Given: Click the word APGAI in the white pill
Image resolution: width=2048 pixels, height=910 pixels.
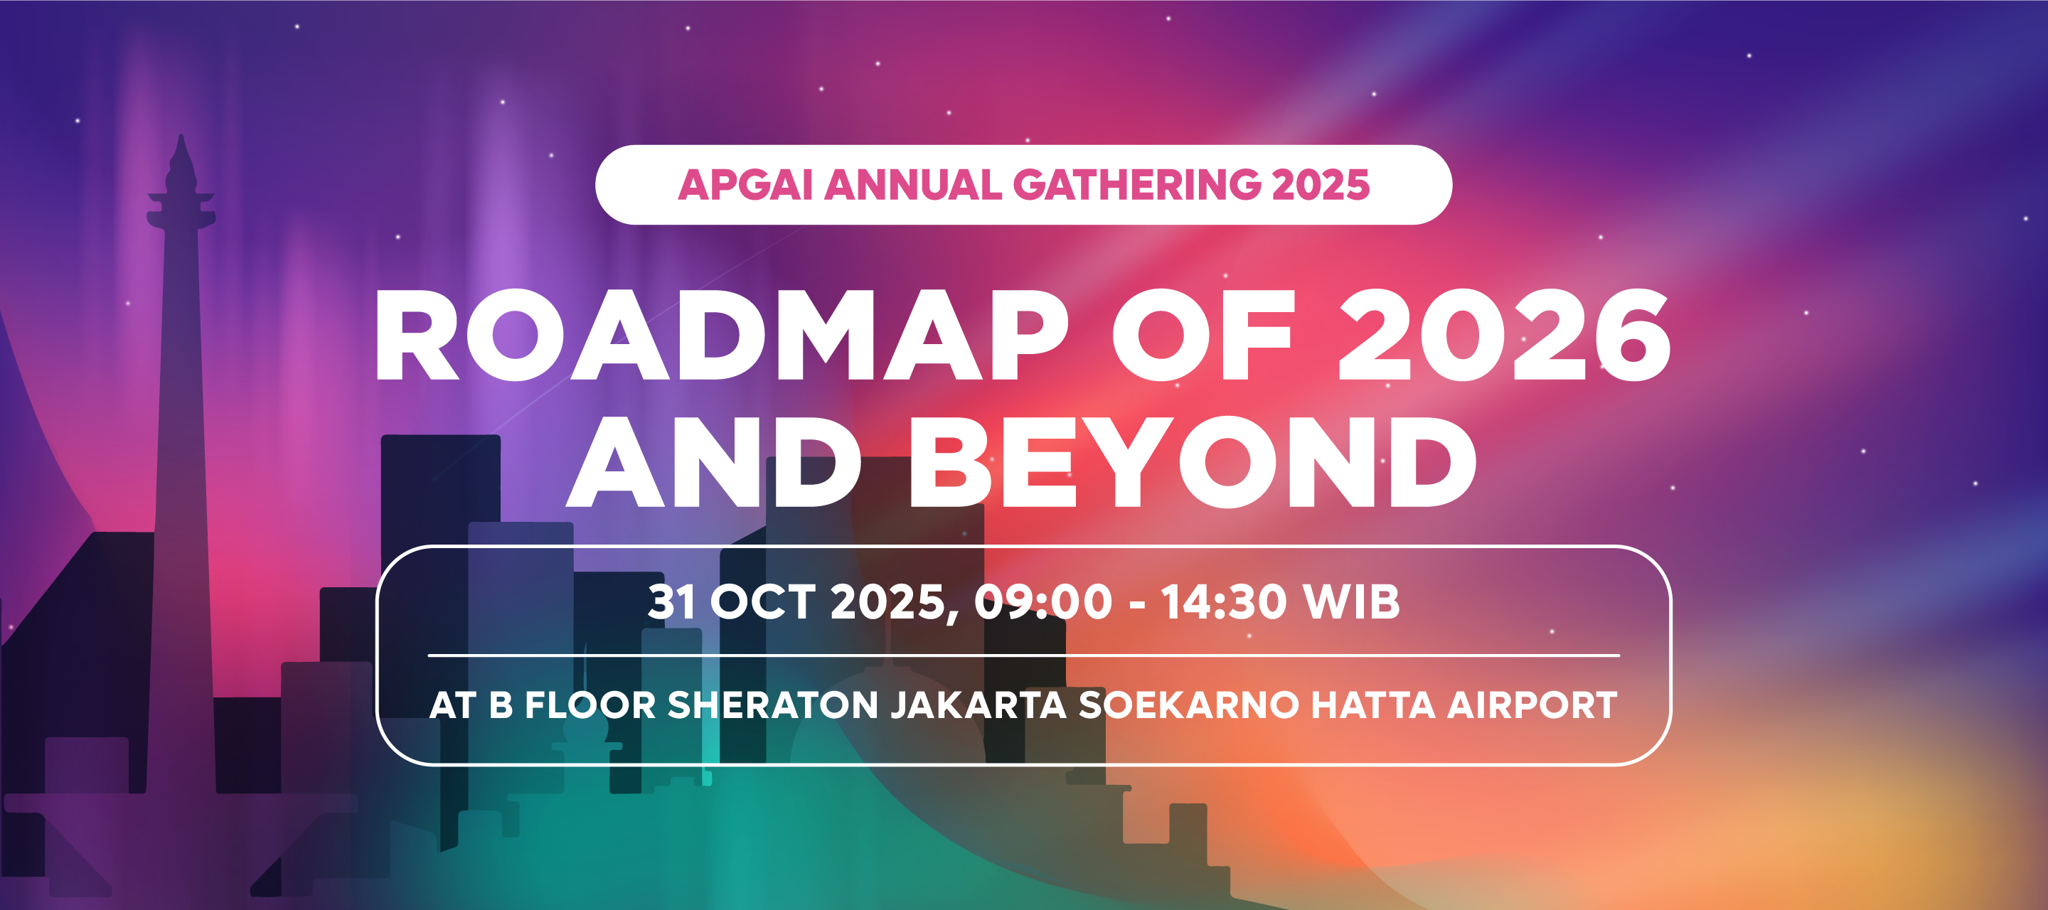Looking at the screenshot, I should tap(745, 185).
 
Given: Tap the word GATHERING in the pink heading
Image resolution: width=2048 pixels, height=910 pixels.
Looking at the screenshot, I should tap(1137, 185).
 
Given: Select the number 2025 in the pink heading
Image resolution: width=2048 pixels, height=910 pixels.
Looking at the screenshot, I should tap(1321, 185).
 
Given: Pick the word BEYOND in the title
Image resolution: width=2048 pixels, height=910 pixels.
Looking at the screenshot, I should tap(1193, 463).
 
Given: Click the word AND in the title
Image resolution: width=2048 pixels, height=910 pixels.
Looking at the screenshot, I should tap(714, 463).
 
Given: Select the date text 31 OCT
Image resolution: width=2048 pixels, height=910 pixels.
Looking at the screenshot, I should tap(732, 601).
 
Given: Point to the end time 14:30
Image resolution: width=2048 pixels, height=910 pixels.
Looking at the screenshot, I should tap(1224, 601).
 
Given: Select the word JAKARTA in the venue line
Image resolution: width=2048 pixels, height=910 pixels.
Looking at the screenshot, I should tap(978, 705).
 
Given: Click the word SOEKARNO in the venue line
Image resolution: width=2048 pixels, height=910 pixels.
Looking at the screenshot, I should tap(1188, 705).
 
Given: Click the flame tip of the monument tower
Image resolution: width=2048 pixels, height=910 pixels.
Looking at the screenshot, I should tap(182, 147).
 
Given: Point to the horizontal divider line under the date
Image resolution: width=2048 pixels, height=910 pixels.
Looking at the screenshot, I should tap(1023, 655).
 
